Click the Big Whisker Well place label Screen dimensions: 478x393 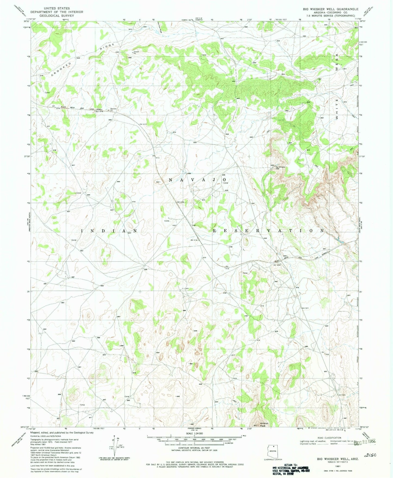[280, 168]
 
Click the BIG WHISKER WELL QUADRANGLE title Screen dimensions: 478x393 [331, 9]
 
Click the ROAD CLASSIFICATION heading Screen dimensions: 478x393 [329, 438]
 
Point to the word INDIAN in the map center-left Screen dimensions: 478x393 [109, 231]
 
